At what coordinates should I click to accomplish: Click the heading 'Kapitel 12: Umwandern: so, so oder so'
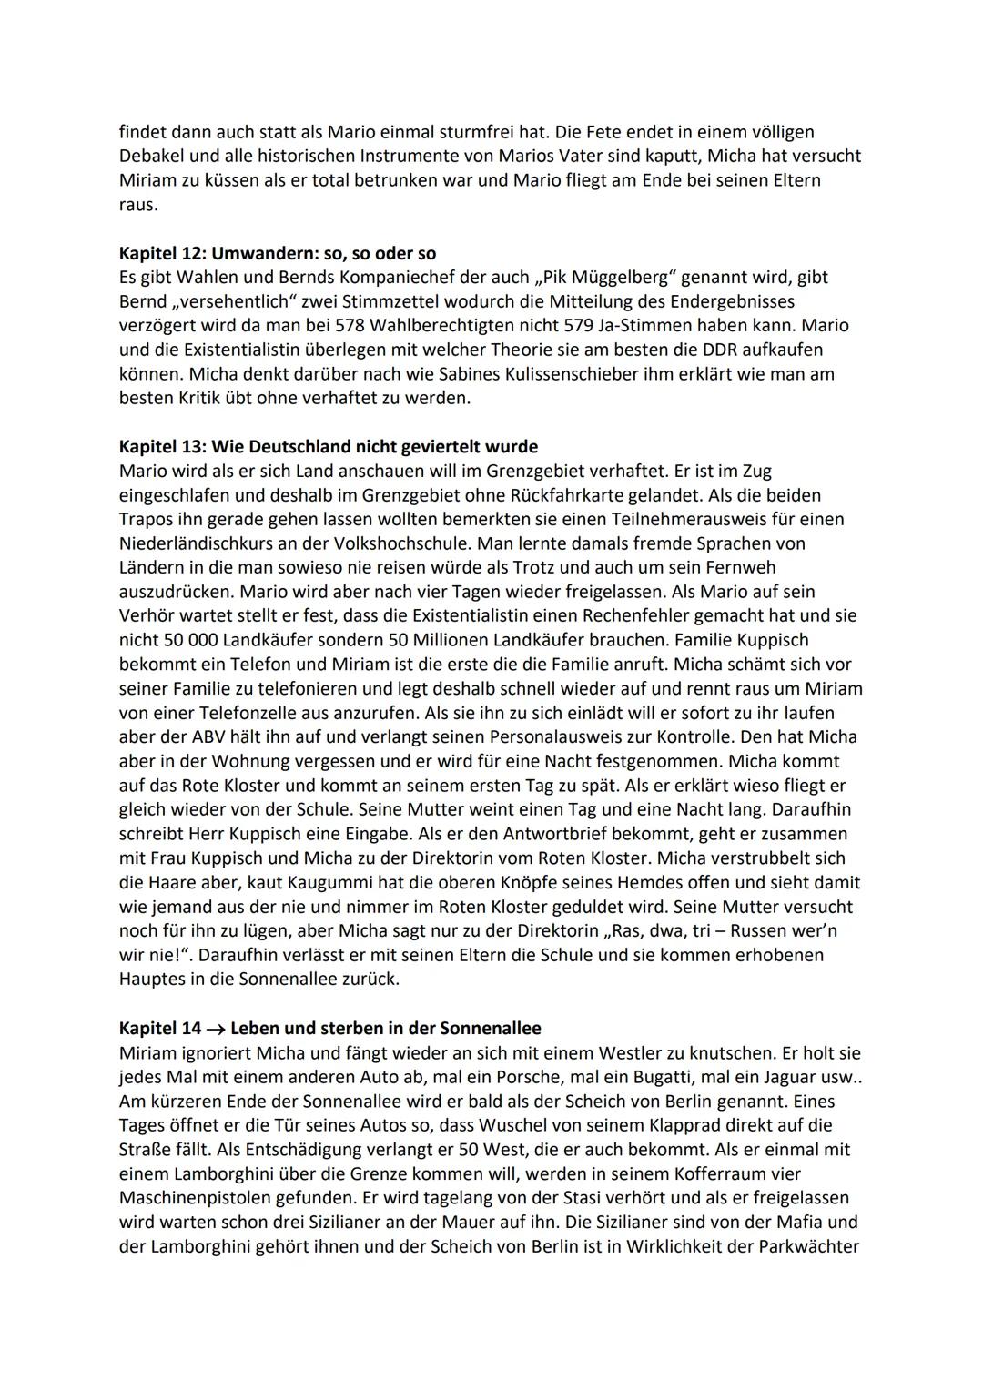[278, 253]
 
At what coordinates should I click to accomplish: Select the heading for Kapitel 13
[328, 446]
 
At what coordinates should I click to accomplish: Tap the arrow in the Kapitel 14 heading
[216, 1029]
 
